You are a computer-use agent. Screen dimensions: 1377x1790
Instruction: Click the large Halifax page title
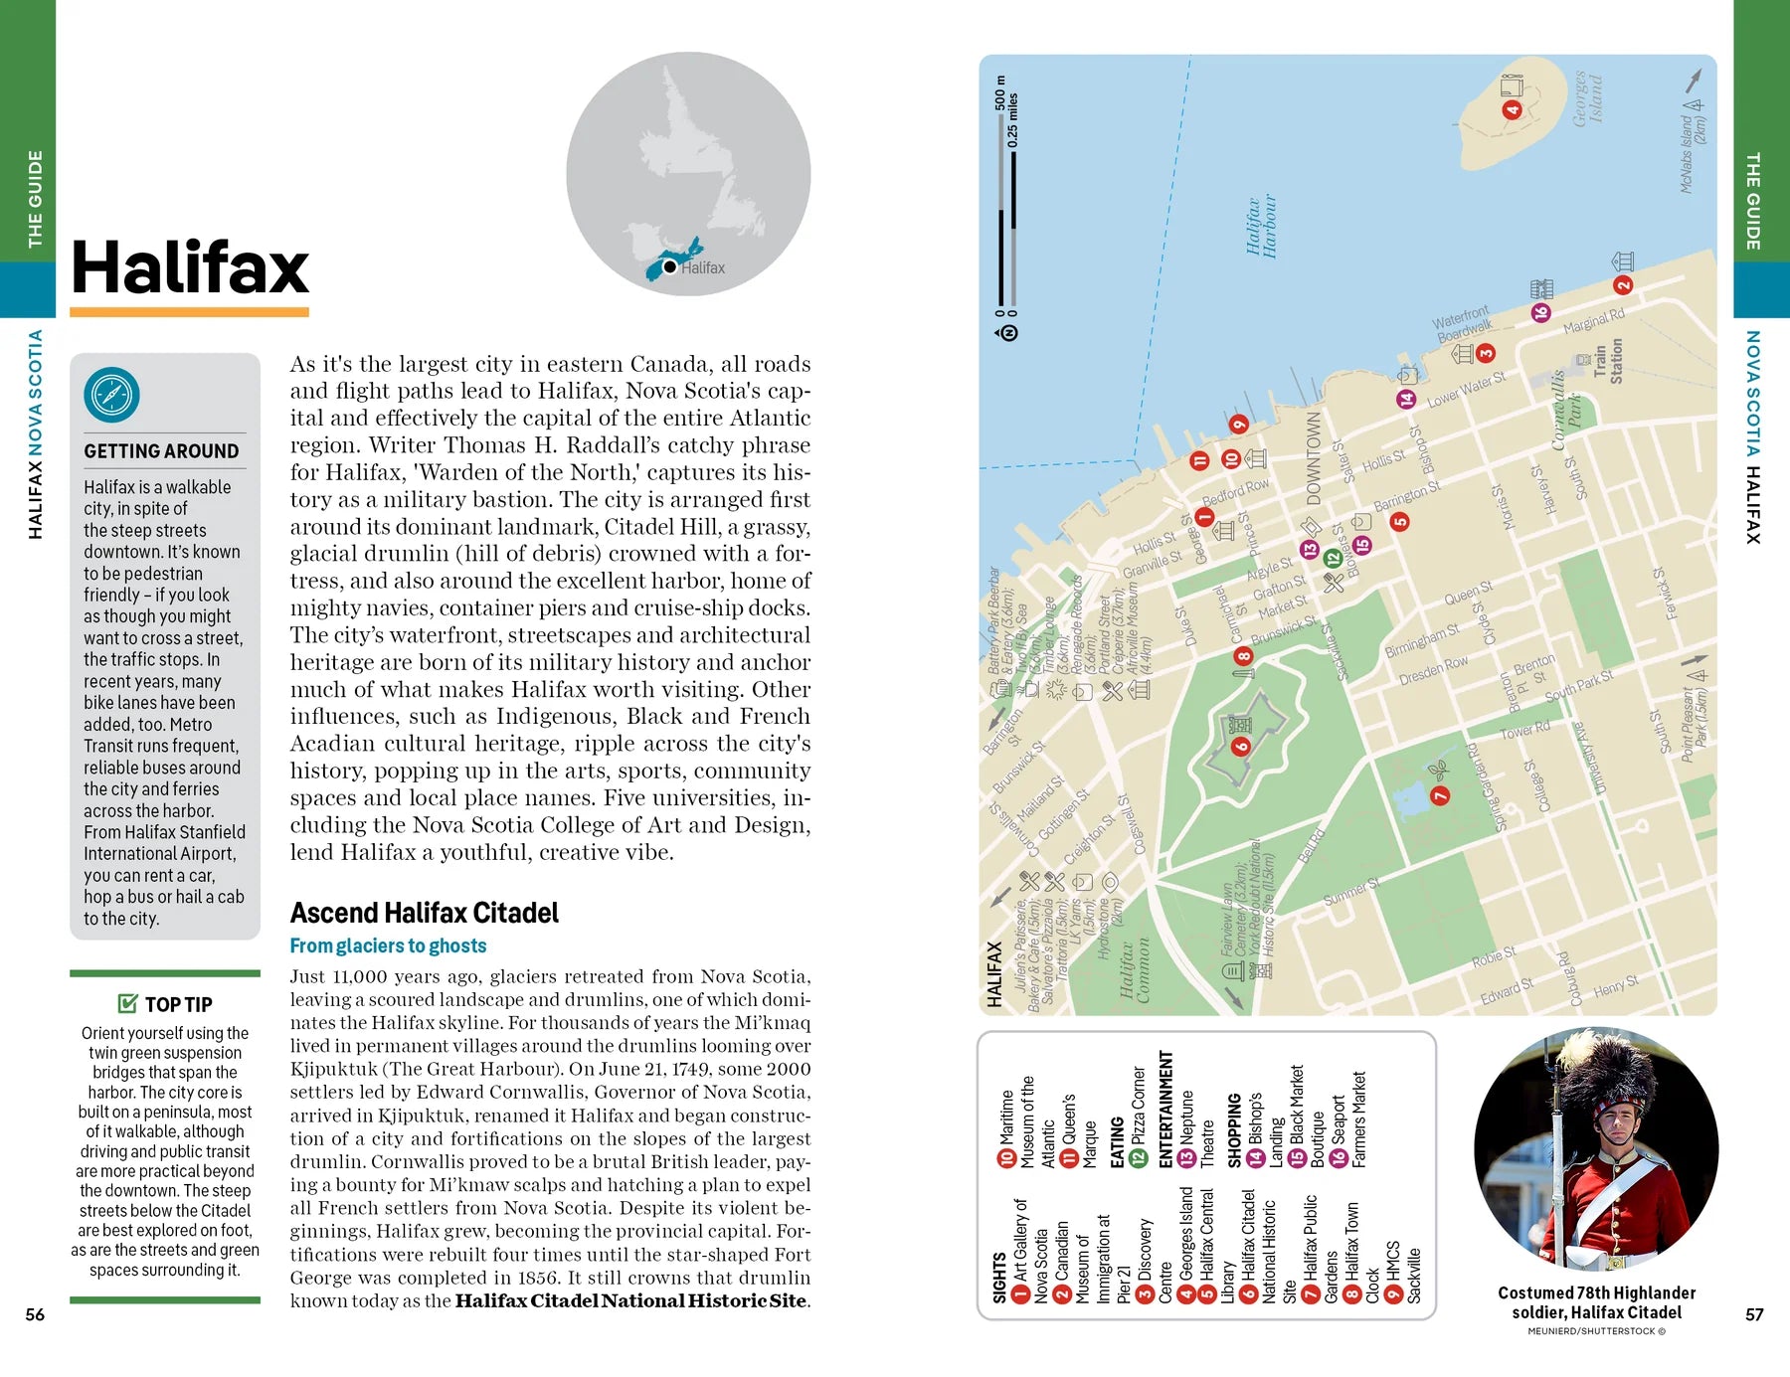pos(190,267)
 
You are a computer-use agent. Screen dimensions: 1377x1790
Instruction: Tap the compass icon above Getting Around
pos(111,395)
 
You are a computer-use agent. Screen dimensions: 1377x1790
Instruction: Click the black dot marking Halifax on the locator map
pos(670,266)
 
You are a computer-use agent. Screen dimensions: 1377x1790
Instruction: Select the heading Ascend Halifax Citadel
pos(424,913)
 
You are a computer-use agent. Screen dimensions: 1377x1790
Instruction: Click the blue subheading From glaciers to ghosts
pos(388,946)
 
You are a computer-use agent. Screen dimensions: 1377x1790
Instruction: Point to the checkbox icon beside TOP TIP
pos(127,1003)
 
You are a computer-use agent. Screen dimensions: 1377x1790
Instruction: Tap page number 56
pos(35,1314)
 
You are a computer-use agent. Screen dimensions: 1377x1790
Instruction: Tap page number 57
pos(1754,1314)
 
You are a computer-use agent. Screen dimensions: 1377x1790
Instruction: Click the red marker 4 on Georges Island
pos(1512,109)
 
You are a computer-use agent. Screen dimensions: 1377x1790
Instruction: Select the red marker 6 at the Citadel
pos(1240,746)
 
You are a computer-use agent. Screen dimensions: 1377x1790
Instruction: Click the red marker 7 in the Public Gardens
pos(1439,795)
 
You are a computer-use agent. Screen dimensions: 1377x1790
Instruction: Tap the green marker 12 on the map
pos(1333,559)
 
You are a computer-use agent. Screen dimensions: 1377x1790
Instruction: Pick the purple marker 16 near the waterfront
pos(1539,312)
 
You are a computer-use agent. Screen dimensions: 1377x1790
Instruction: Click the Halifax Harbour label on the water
pos(1261,227)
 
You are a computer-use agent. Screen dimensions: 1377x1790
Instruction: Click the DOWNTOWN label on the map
pos(1314,458)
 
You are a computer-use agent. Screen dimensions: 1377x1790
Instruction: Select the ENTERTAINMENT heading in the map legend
pos(1165,1109)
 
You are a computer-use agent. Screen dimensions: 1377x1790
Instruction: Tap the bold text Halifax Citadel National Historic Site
pos(630,1300)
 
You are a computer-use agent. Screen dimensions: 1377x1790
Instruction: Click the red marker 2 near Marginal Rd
pos(1623,285)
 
